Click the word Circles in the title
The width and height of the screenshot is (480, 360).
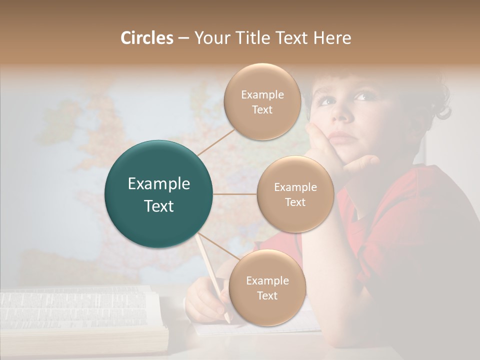[x=147, y=38]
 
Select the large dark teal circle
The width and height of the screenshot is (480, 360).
[x=159, y=194]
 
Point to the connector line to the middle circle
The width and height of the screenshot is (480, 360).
[x=235, y=194]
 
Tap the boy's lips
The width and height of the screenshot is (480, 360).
[x=341, y=136]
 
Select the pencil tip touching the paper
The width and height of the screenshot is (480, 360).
[x=227, y=320]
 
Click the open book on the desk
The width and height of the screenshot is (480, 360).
[x=80, y=315]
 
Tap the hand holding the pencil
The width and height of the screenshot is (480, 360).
[x=205, y=300]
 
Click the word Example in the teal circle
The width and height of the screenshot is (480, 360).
[x=159, y=184]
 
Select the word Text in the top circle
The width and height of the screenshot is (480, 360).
[x=262, y=110]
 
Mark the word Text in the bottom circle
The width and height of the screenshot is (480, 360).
[x=267, y=295]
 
